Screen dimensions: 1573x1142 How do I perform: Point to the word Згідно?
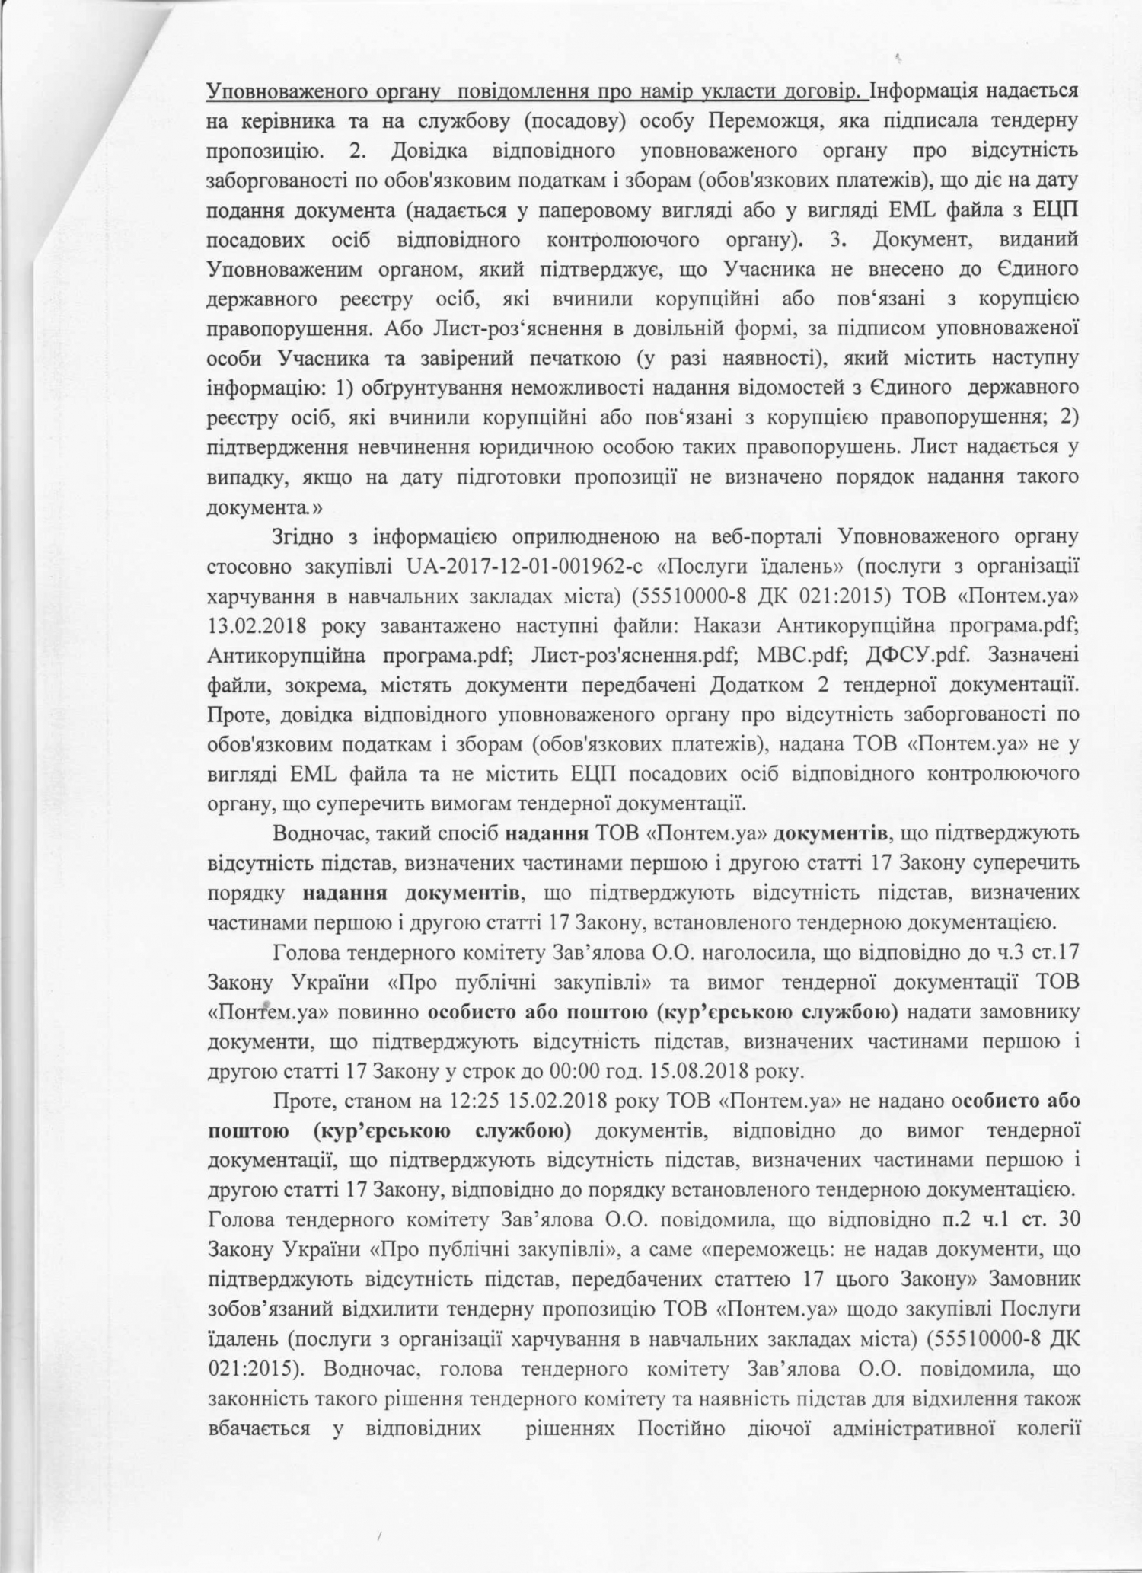pyautogui.click(x=302, y=537)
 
